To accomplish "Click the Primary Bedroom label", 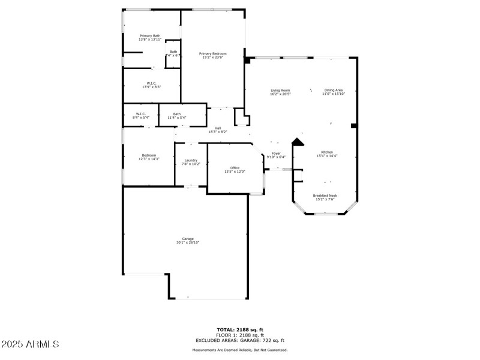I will tap(213, 55).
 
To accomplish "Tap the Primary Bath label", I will tap(150, 38).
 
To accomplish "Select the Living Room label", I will tap(280, 92).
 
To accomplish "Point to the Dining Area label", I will tap(334, 92).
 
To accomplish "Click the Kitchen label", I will tap(327, 154).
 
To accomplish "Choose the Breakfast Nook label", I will tap(325, 197).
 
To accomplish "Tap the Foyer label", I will tap(276, 155).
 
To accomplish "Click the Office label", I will tap(235, 170).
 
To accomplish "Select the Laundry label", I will tap(191, 162).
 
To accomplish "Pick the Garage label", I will tap(188, 241).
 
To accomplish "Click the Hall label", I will tap(218, 130).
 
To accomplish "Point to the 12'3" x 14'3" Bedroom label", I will tap(149, 157).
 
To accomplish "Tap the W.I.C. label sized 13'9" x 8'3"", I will tap(152, 85).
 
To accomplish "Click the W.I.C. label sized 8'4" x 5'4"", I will tap(141, 116).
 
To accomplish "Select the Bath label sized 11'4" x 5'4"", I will tap(177, 116).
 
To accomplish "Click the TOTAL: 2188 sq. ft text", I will tap(240, 329).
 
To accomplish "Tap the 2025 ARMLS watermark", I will tap(31, 344).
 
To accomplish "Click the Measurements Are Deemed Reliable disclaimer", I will tap(240, 350).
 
